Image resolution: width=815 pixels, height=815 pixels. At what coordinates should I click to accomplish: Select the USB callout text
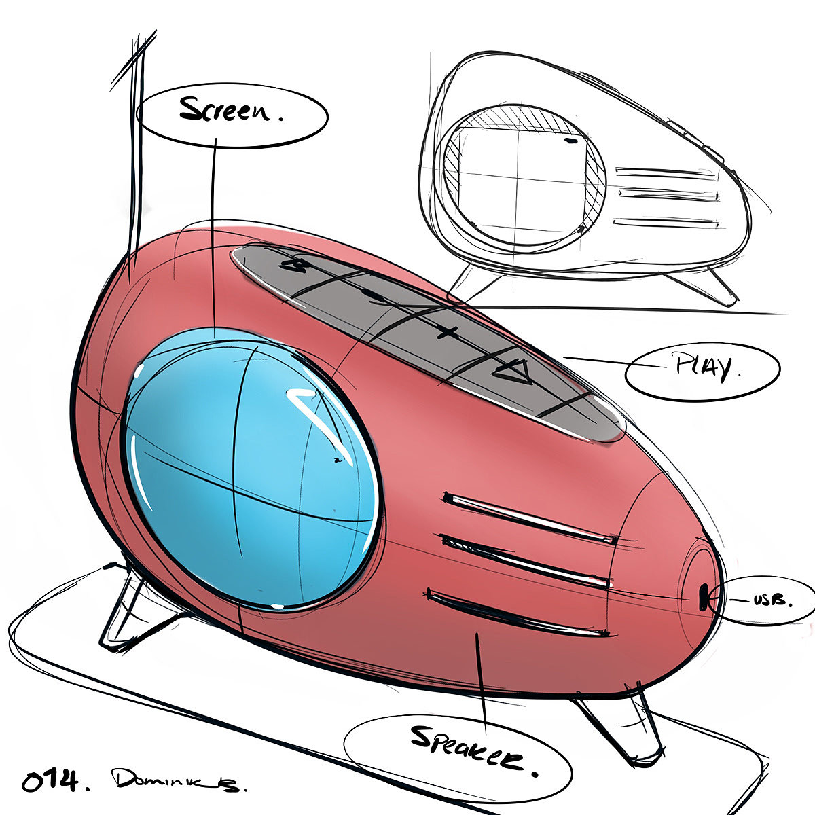click(772, 600)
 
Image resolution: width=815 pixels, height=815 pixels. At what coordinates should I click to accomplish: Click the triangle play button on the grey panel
click(512, 370)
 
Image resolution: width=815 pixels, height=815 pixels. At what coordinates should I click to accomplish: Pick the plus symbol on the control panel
click(446, 332)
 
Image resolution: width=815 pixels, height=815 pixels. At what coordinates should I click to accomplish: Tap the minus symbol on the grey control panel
click(370, 294)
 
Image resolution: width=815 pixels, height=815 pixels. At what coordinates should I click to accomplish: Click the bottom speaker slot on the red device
click(516, 611)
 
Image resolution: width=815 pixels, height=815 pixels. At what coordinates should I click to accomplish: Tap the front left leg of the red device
click(126, 611)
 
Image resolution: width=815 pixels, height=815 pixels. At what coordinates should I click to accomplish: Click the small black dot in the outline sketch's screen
click(571, 142)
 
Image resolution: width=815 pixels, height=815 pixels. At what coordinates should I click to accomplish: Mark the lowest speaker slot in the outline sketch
click(666, 221)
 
